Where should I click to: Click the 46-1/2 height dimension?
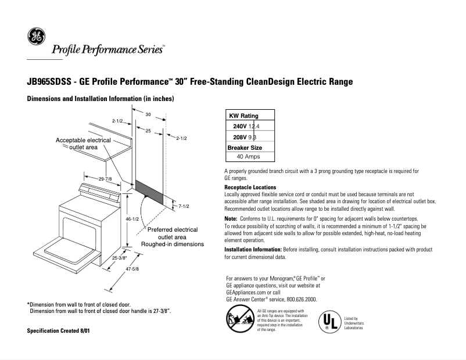pos(132,219)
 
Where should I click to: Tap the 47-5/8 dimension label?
pos(132,269)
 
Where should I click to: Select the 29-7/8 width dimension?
pos(105,179)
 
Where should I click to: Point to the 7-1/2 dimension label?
pos(185,206)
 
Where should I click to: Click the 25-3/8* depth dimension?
pos(120,257)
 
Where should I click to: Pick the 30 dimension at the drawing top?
pos(148,115)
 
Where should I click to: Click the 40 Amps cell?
pos(249,156)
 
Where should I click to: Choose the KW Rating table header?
pos(245,116)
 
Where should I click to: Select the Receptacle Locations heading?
pos(250,188)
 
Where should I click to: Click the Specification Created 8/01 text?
pos(59,330)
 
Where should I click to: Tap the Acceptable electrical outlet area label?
pos(83,144)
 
